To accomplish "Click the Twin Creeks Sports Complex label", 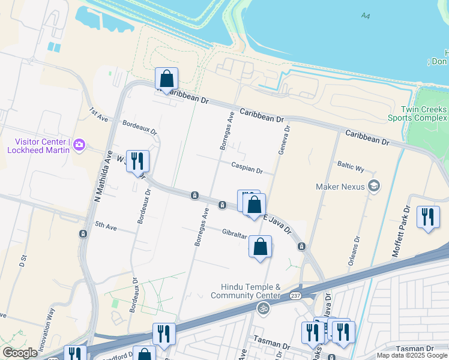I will coord(424,113).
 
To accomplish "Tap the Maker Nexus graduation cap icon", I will coord(374,186).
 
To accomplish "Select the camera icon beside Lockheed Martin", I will coord(79,145).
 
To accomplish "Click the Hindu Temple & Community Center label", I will coord(246,291).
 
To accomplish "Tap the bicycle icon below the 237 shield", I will coord(263,308).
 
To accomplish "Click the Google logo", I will coord(20,353).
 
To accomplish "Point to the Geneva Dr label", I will coord(283,140).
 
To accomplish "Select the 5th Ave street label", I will coord(105,227).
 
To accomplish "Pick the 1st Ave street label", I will coord(98,115).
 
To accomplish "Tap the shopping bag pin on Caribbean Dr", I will coord(166,79).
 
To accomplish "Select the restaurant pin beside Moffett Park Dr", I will coord(428,217).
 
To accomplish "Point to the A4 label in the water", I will coord(366,16).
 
